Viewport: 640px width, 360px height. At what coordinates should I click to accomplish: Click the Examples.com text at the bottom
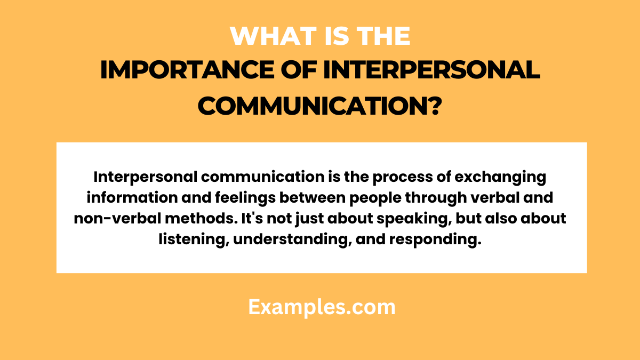pos(322,307)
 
